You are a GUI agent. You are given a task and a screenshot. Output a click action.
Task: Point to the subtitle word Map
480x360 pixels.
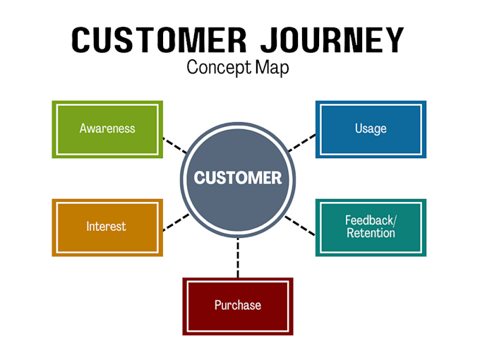(x=273, y=68)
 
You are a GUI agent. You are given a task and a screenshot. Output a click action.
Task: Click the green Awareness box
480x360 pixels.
(x=107, y=129)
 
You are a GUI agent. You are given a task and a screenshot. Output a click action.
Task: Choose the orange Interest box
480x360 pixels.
(x=107, y=227)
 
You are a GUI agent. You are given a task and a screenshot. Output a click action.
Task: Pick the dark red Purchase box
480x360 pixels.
(x=238, y=306)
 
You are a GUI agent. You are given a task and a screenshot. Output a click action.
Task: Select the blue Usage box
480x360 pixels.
(x=371, y=129)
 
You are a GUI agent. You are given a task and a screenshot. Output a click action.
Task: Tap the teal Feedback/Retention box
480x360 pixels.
(x=371, y=227)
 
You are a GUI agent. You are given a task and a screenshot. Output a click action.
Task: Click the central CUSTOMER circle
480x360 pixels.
(x=238, y=178)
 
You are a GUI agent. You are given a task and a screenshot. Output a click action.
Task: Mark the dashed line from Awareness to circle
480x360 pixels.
(x=175, y=145)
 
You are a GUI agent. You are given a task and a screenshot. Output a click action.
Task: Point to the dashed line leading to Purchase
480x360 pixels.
(x=238, y=258)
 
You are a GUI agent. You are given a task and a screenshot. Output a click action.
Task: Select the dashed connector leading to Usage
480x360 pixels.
(x=301, y=143)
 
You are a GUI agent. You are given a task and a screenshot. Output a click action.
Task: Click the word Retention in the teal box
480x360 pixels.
(x=371, y=234)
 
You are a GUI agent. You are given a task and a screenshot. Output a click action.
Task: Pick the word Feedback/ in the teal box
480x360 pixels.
(x=371, y=220)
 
